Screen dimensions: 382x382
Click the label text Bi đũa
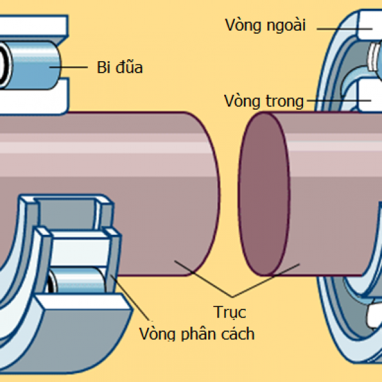coord(119,67)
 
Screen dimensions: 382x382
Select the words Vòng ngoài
coord(265,25)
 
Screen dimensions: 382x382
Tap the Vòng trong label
coord(264,101)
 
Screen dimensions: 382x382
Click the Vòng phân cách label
coord(197,334)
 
